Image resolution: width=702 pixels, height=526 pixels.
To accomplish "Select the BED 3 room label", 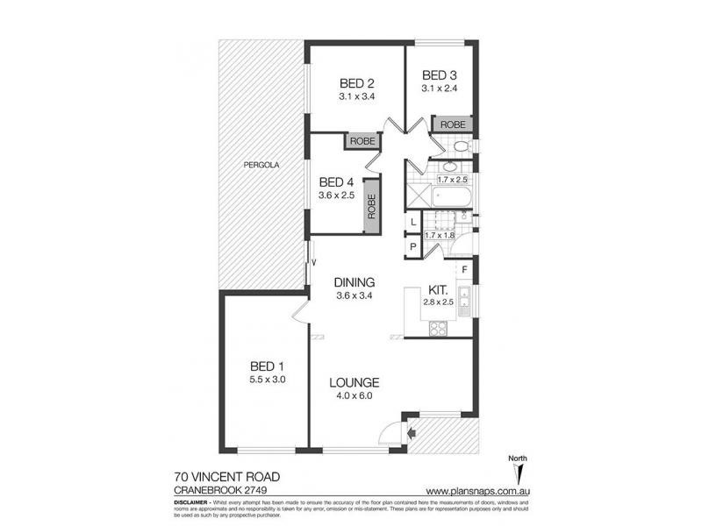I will (x=439, y=75).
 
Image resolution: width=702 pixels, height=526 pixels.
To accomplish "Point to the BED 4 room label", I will (x=339, y=182).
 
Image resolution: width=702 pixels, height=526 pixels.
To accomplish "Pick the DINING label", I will (x=355, y=282).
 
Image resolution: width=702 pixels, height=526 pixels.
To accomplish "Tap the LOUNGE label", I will (x=355, y=382).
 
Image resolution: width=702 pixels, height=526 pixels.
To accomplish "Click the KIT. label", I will (x=440, y=289).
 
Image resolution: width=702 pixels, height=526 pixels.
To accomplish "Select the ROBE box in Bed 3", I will (x=453, y=124).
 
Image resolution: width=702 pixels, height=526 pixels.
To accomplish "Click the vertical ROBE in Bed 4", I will (x=371, y=211).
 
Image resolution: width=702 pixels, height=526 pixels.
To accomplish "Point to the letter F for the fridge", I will (x=465, y=269).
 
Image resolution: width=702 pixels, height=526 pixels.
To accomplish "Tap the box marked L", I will (x=412, y=224).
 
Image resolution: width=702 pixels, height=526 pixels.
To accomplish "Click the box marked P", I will (x=412, y=248).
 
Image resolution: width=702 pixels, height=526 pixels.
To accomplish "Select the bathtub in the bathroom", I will (x=451, y=196).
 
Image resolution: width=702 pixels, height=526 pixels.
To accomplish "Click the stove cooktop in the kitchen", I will (x=436, y=330).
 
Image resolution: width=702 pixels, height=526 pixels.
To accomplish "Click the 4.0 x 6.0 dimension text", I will (x=355, y=396).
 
